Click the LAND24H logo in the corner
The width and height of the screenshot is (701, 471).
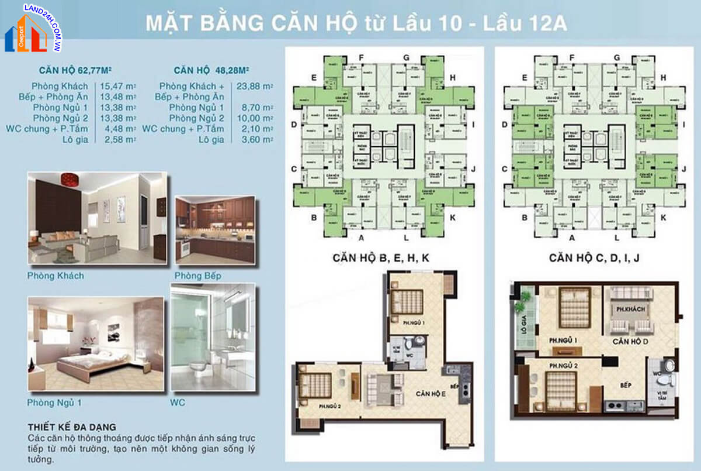34,27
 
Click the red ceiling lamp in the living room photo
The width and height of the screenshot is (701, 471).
70,178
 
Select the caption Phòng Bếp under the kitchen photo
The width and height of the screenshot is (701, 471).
197,276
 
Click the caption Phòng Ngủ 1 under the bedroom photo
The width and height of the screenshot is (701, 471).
54,403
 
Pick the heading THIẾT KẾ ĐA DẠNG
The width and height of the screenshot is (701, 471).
72,427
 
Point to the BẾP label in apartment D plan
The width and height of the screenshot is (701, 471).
627,387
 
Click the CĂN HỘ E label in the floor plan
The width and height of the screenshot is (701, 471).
431,394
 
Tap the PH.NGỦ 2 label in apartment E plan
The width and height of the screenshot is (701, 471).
331,405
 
